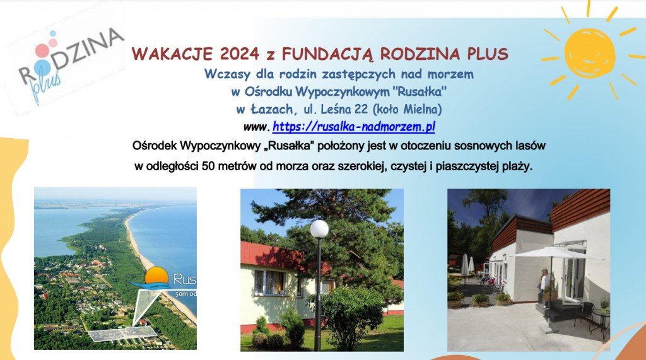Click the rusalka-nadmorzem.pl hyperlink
tap(353, 127)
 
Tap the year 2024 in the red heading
tap(240, 54)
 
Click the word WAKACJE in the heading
tap(172, 54)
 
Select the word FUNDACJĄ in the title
tap(327, 54)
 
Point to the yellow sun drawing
tap(590, 53)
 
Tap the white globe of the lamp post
tap(319, 229)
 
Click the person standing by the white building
tap(545, 287)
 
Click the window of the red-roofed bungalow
tap(270, 282)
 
